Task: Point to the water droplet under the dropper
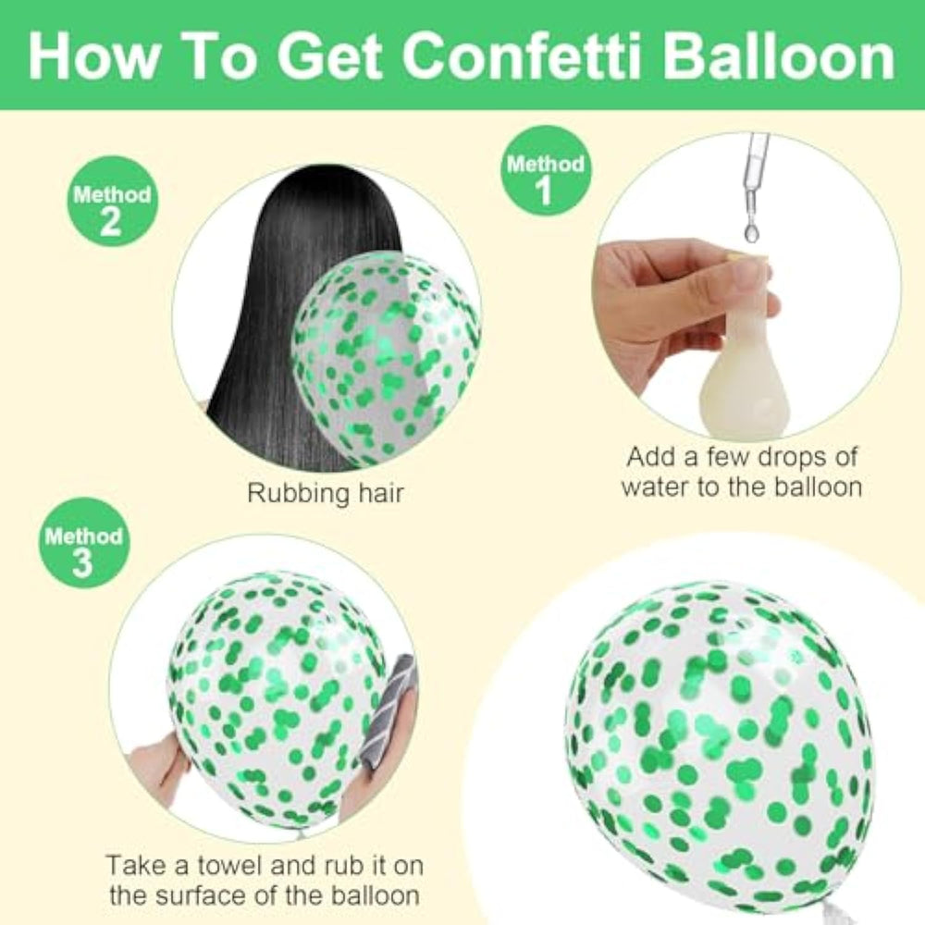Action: click(x=750, y=232)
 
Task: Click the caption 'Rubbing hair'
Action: click(x=326, y=493)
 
